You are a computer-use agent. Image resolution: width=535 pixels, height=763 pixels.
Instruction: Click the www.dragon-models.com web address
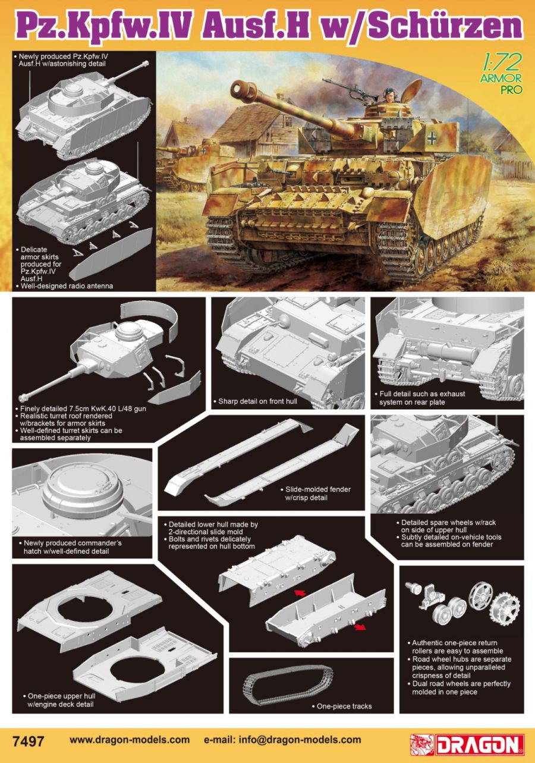130,740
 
